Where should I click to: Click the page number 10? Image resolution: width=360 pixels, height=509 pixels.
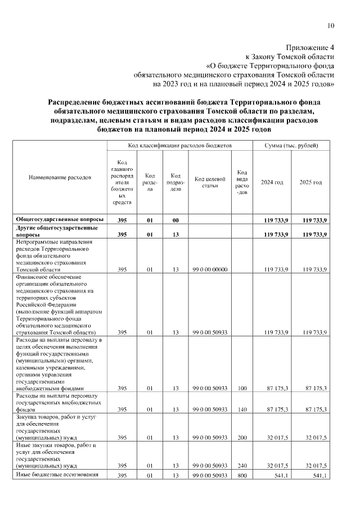(x=331, y=25)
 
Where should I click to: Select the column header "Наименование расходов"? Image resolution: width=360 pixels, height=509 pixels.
(x=60, y=178)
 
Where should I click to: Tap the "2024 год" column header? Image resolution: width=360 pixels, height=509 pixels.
(x=272, y=182)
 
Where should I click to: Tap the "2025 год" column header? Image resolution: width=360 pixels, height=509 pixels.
(x=310, y=182)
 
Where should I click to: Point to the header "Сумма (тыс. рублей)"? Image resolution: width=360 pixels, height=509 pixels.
(x=291, y=146)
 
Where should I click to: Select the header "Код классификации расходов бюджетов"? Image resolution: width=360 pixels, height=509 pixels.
(x=179, y=146)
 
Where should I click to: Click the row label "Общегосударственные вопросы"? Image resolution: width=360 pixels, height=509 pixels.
(x=60, y=219)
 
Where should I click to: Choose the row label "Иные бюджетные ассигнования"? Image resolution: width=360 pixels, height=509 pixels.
(x=59, y=475)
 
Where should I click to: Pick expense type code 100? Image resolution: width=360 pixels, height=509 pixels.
(x=242, y=388)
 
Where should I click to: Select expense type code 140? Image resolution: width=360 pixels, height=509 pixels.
(x=242, y=410)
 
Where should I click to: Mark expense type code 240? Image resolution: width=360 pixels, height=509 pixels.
(x=242, y=466)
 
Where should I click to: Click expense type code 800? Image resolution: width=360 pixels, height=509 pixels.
(x=242, y=476)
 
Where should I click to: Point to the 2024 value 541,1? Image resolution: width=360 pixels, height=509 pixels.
(x=280, y=476)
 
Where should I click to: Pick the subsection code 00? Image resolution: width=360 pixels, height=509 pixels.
(x=175, y=219)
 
